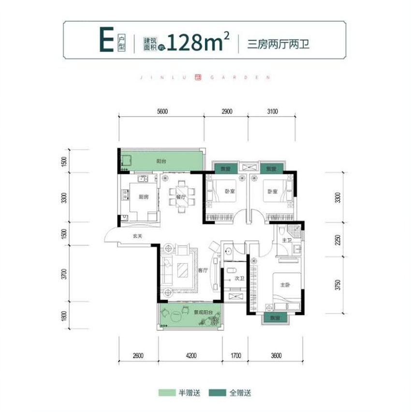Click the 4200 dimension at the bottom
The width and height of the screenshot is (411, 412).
click(191, 357)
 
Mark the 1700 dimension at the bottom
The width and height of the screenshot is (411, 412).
click(235, 357)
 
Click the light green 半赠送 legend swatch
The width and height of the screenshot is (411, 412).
click(167, 392)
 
